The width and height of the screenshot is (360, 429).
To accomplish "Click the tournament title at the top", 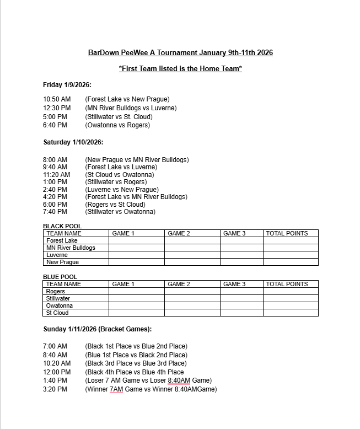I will (180, 53).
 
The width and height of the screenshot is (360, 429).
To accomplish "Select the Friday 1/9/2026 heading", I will (67, 85).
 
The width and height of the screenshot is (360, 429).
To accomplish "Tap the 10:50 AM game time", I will (57, 99).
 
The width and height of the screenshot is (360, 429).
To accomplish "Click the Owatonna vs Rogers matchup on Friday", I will (117, 125).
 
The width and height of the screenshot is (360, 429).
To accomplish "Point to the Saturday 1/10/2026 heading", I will (73, 142).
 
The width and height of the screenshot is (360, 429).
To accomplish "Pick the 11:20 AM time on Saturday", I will (57, 175).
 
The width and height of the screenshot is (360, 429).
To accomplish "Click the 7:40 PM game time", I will (55, 212).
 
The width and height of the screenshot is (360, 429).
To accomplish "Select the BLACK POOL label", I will (62, 226).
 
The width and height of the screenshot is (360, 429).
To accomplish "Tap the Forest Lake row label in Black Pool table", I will (62, 240).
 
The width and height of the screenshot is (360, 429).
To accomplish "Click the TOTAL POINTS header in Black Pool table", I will (287, 233).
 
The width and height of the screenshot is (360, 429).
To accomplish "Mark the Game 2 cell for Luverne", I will (192, 255).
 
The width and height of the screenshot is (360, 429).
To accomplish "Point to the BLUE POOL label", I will (60, 277).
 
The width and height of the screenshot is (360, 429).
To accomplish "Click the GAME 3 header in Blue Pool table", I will (234, 284).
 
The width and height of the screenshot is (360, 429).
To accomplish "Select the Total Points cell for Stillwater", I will (291, 298).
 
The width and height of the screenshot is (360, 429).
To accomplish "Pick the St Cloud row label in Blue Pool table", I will (57, 313).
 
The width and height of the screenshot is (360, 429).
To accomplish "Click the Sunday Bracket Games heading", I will (98, 329).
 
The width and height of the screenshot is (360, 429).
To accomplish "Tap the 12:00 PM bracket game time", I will (57, 372).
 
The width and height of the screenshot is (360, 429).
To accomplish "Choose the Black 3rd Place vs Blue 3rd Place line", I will (136, 363).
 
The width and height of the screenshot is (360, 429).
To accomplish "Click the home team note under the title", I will (180, 69).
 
